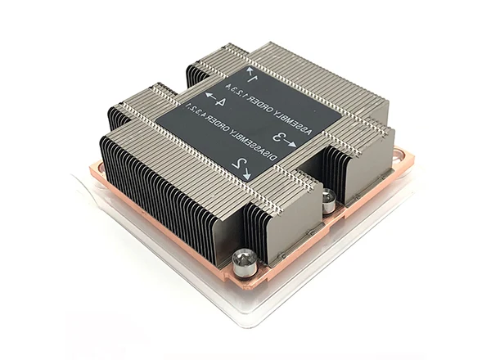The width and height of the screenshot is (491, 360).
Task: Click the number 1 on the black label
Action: (252, 78)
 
